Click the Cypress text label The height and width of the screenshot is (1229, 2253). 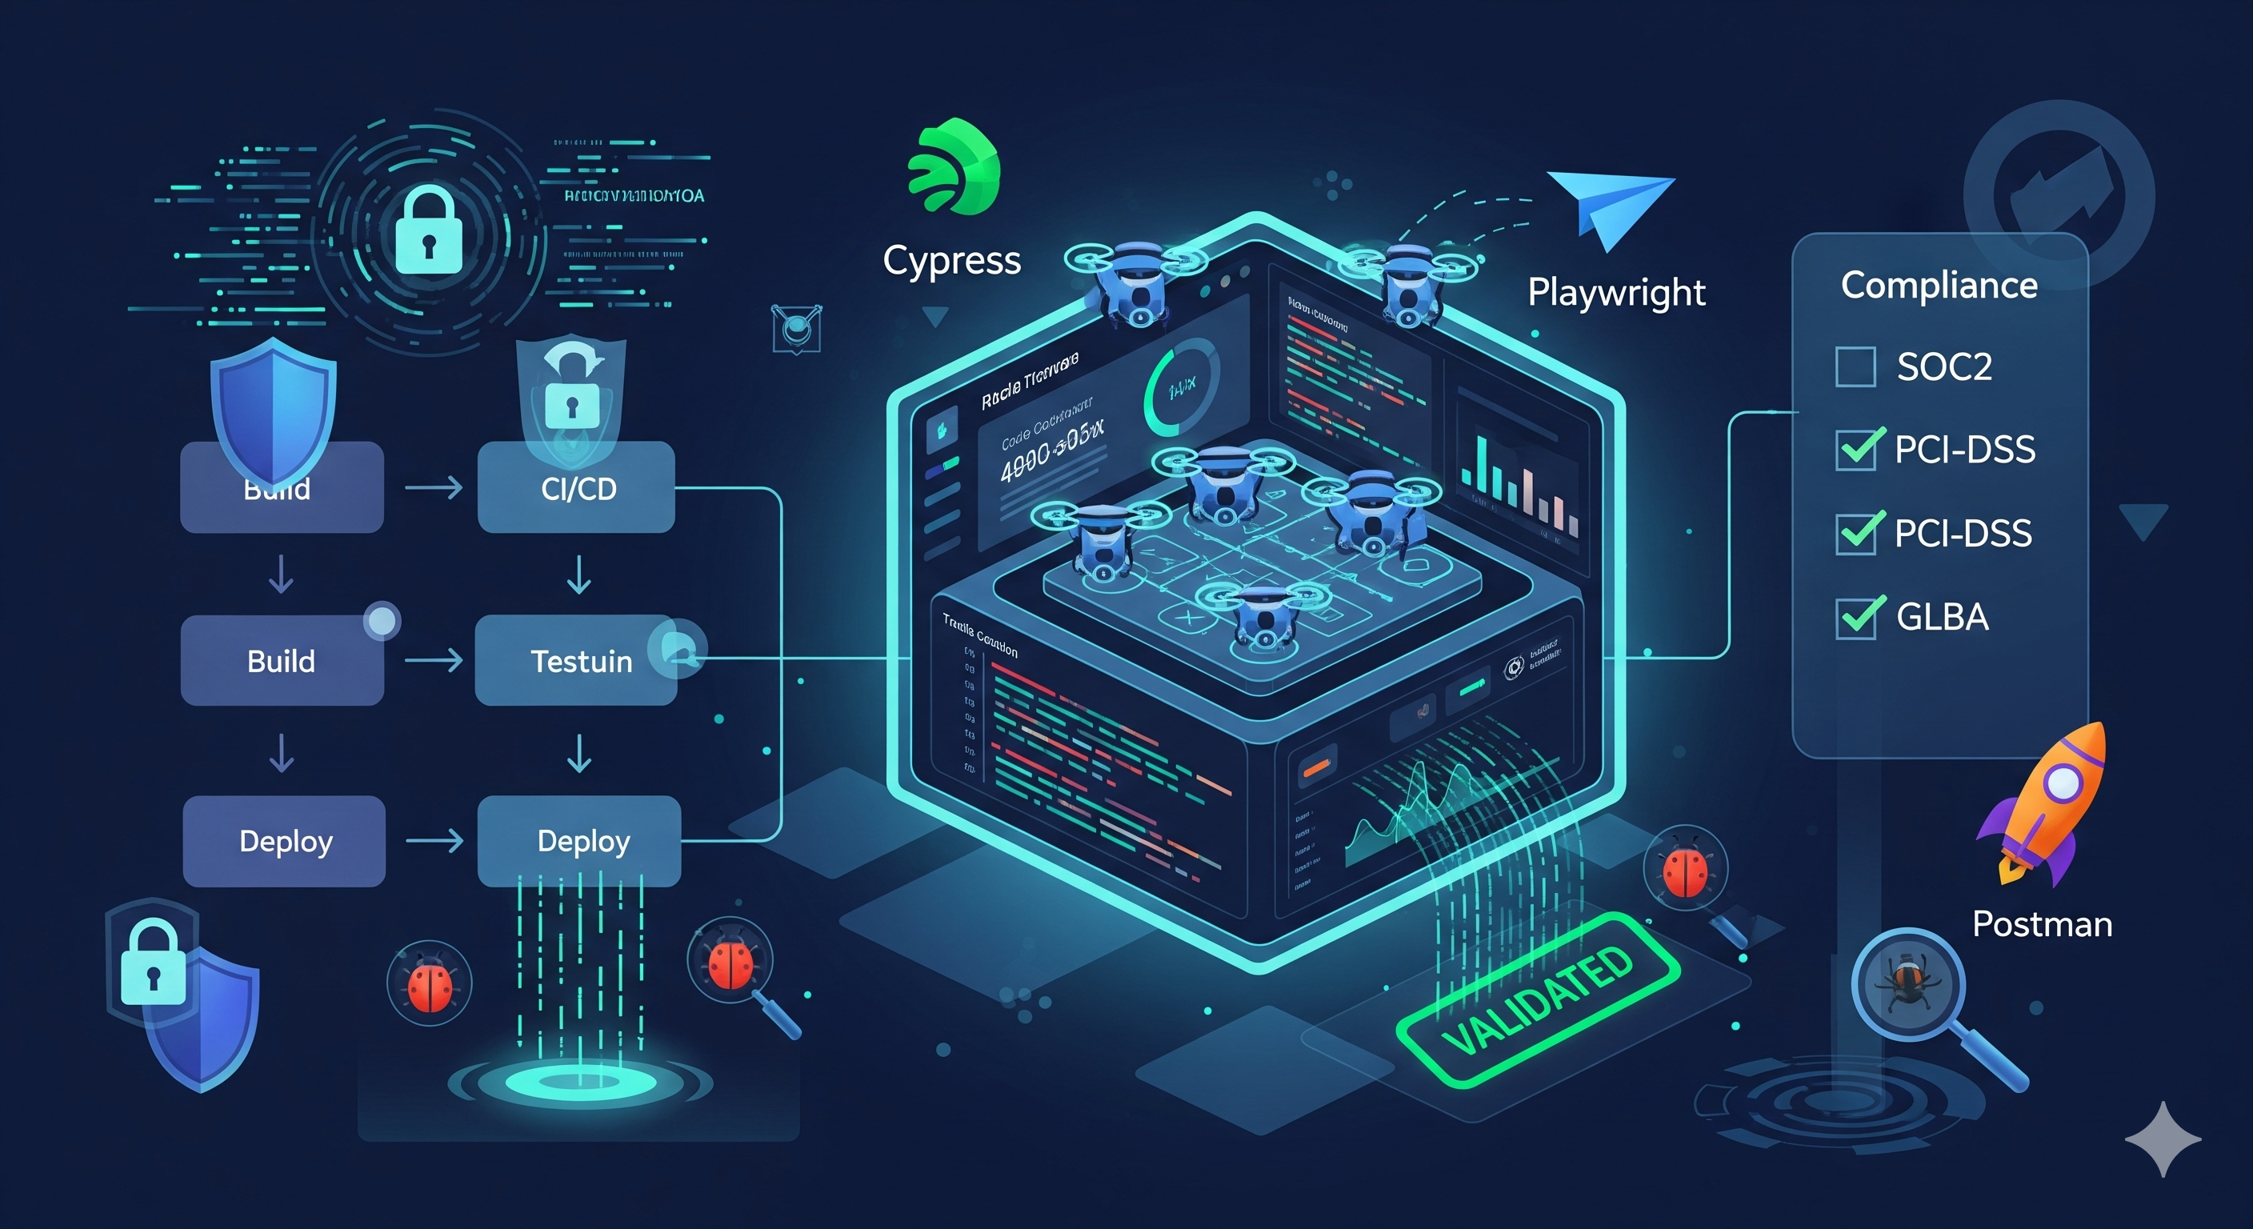(x=951, y=261)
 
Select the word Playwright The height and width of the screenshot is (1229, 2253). (x=1616, y=292)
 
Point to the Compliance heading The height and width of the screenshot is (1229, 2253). (x=1939, y=285)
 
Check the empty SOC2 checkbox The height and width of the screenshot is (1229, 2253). (x=1855, y=366)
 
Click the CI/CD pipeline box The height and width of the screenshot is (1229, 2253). (x=576, y=487)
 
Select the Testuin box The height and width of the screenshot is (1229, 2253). (x=576, y=660)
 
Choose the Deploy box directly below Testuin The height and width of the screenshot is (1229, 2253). (x=579, y=841)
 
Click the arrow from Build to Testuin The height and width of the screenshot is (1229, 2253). (x=434, y=660)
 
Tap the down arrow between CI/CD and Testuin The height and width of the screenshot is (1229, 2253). (x=579, y=574)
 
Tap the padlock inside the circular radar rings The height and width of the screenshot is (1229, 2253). (x=429, y=232)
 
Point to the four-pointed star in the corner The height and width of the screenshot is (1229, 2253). (x=2163, y=1139)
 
